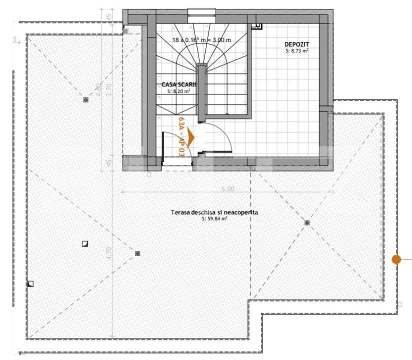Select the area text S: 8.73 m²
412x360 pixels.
coord(297,50)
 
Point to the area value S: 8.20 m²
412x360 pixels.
coord(178,91)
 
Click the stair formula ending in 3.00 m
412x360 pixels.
coord(201,39)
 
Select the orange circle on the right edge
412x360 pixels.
coord(396,259)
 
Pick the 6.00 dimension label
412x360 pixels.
coord(227,188)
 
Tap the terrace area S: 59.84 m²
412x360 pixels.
coord(214,219)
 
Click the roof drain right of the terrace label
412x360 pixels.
coord(306,222)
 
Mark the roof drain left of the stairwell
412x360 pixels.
coord(85,99)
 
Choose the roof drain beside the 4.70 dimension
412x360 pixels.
coord(137,253)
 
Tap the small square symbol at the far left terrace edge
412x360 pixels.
coord(30,283)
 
